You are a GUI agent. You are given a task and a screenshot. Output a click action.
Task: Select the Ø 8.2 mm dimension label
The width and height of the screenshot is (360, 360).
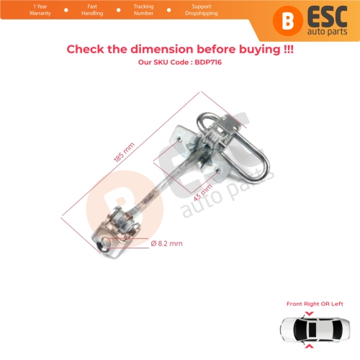[x=168, y=243]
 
